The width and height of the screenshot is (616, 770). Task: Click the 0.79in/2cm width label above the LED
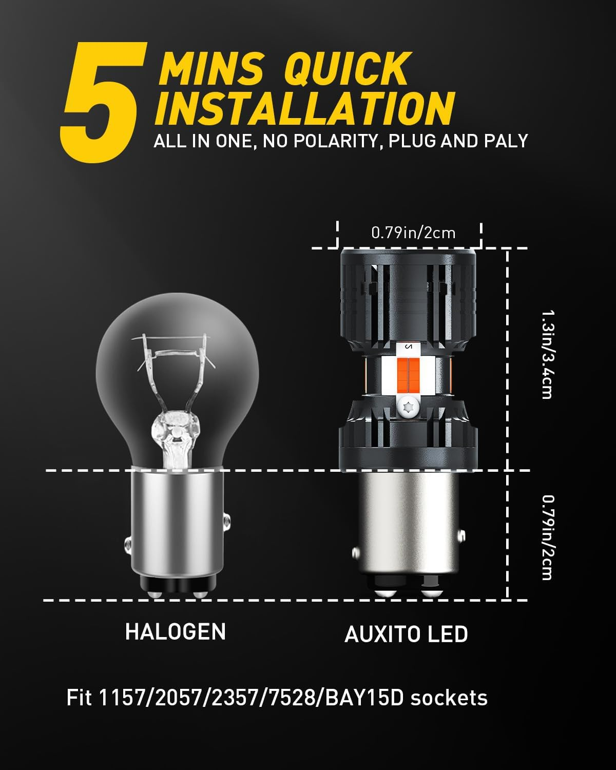[x=413, y=233]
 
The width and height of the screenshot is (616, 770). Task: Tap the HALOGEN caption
[x=176, y=631]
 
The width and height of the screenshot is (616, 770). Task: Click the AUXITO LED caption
[x=406, y=634]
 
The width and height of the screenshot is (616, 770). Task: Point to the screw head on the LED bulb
[x=409, y=409]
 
